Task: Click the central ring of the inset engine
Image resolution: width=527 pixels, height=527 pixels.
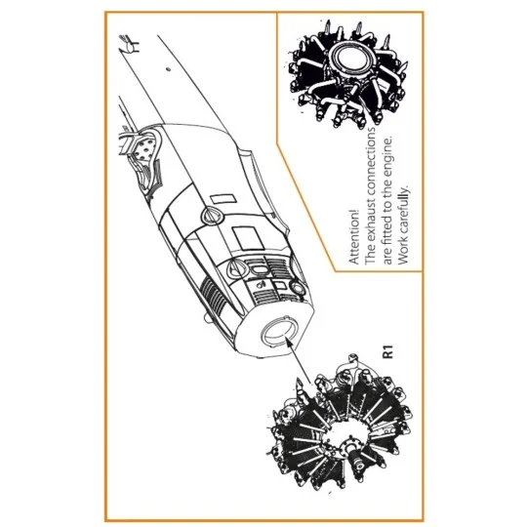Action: point(347,62)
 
